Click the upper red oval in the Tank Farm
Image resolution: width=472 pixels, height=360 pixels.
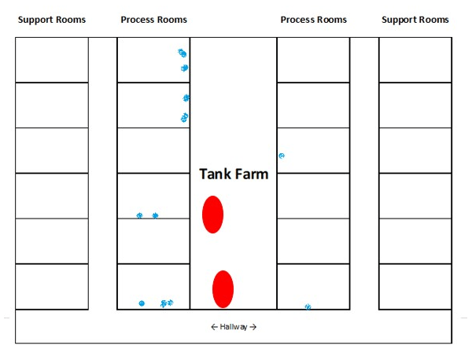pos(213,215)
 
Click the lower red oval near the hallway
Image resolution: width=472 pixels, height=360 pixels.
pos(223,289)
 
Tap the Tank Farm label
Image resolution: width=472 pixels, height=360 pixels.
pos(234,174)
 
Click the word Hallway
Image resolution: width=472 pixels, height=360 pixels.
pos(234,327)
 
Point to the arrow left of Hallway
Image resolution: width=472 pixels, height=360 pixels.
pos(214,327)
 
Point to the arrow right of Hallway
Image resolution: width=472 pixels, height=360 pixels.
pos(253,327)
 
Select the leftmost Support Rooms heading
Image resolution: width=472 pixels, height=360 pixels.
pos(52,20)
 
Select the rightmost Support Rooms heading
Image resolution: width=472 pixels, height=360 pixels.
pos(415,20)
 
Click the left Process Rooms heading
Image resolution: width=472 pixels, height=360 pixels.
pos(154,20)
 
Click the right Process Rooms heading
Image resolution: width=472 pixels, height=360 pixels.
pos(314,20)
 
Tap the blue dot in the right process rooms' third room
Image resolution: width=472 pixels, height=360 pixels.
pos(282,156)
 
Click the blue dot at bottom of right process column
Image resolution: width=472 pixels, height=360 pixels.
pos(308,307)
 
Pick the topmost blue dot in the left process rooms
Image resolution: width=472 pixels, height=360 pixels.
pos(183,53)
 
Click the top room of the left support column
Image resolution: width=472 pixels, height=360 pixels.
pos(52,60)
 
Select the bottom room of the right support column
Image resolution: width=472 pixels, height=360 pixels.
pos(415,287)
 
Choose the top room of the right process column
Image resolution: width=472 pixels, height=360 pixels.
pos(313,60)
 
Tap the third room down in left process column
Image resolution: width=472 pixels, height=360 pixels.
pos(153,150)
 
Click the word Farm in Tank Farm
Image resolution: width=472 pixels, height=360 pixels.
pos(252,174)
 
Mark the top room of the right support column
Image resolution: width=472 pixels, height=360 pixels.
pos(415,60)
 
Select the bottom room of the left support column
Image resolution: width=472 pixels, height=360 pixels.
pos(52,287)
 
